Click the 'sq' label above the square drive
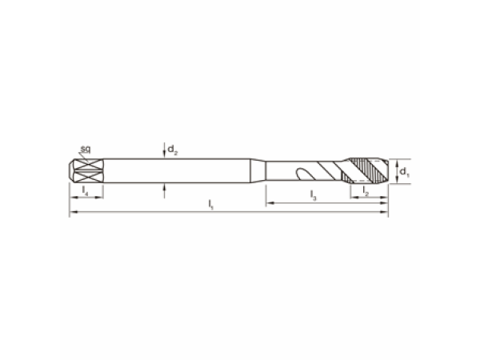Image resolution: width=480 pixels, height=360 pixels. pyautogui.click(x=86, y=149)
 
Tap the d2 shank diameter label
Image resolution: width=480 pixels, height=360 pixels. pyautogui.click(x=172, y=150)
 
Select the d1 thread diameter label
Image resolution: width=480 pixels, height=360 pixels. pyautogui.click(x=404, y=172)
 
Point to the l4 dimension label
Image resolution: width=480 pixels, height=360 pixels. pyautogui.click(x=86, y=191)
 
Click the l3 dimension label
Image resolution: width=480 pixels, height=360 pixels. pyautogui.click(x=313, y=195)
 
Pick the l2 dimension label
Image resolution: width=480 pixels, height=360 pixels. pyautogui.click(x=366, y=191)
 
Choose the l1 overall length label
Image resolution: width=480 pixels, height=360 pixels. pyautogui.click(x=210, y=205)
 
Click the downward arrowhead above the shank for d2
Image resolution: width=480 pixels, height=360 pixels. pyautogui.click(x=164, y=155)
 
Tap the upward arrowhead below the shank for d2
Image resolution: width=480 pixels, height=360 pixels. pyautogui.click(x=164, y=186)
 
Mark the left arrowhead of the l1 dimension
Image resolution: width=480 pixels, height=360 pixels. pyautogui.click(x=74, y=212)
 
